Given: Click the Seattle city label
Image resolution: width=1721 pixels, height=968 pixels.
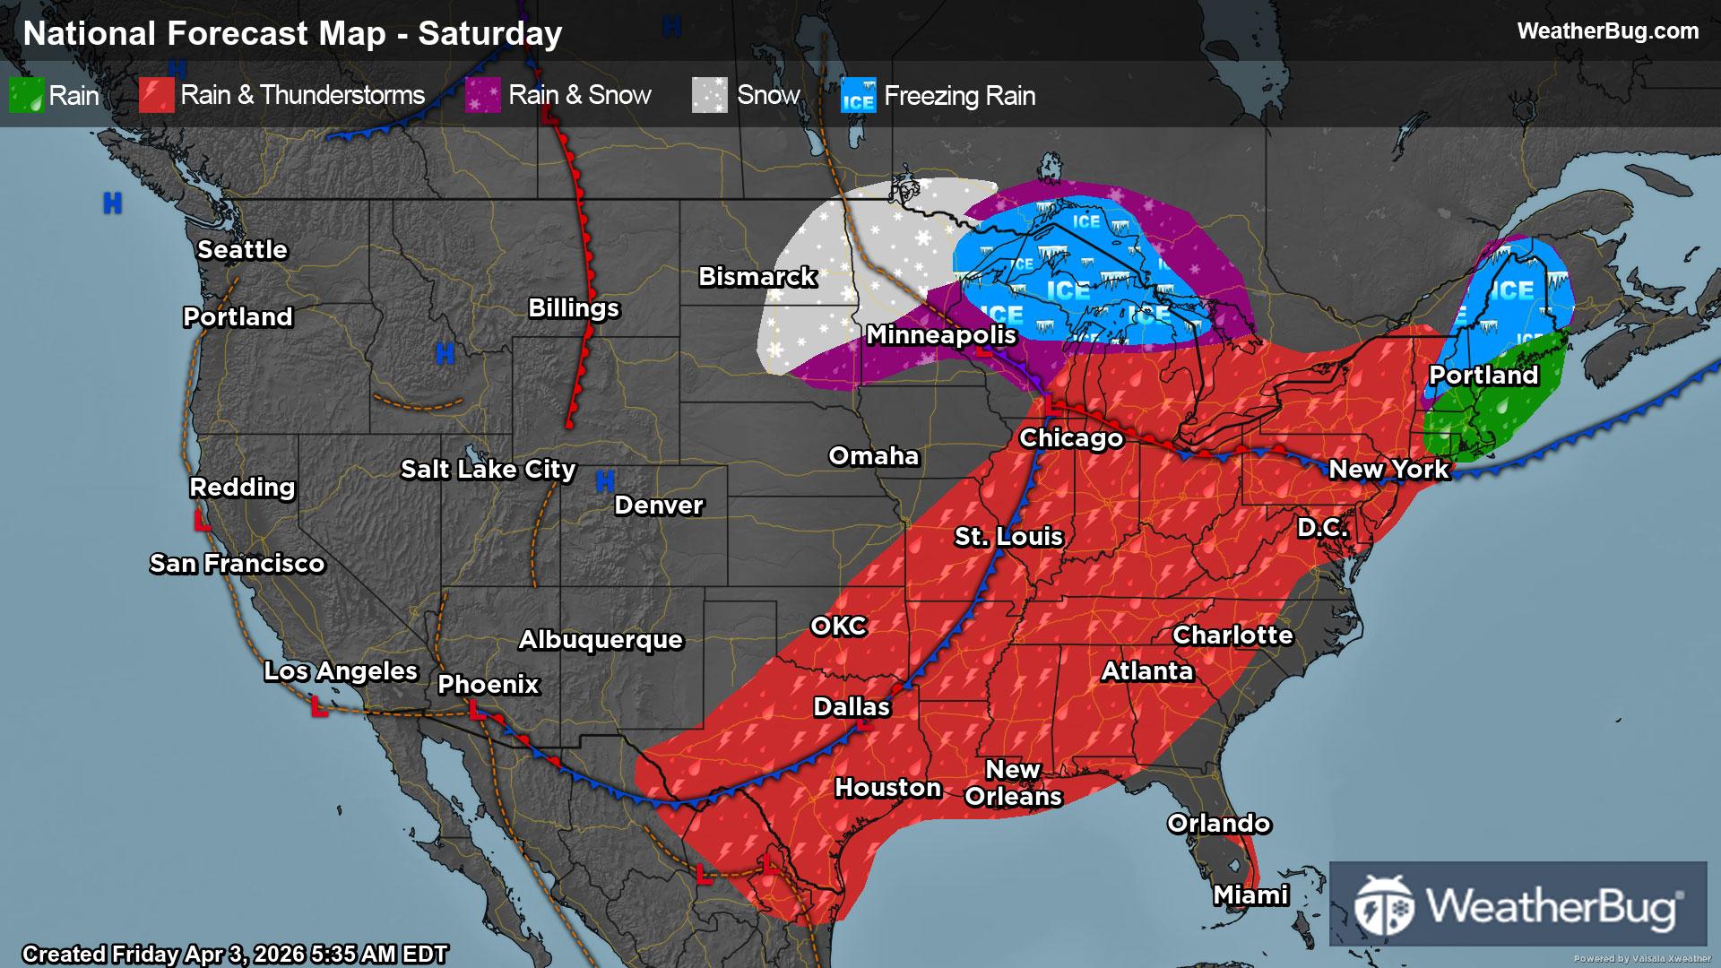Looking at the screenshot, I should tap(242, 250).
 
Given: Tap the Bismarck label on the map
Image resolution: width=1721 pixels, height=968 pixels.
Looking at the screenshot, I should tap(757, 277).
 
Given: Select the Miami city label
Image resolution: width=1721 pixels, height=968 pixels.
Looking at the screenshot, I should tap(1250, 895).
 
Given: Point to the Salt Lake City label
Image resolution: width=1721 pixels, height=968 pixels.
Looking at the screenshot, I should tap(488, 470).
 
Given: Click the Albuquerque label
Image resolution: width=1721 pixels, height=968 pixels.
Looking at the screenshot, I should tap(601, 640).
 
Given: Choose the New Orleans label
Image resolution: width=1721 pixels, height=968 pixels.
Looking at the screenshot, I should tap(1013, 783).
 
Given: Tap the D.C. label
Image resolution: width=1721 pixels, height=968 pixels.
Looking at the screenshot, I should tap(1322, 528).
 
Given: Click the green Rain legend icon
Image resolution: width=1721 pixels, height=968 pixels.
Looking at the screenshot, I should tap(26, 95).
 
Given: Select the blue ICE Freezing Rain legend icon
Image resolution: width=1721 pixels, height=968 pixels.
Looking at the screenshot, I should tap(858, 95).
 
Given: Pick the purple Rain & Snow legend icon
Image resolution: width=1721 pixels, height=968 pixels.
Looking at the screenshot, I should tap(483, 95).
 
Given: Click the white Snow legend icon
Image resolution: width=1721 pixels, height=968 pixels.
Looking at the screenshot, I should tap(709, 95).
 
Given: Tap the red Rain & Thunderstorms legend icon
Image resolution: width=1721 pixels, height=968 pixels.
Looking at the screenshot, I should tap(156, 95).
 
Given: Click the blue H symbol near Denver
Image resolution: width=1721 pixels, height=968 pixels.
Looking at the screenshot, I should tap(605, 482).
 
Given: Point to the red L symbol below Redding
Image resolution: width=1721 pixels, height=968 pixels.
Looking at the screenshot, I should tap(203, 521).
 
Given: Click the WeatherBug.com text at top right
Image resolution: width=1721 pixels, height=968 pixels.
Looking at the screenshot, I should tap(1607, 31).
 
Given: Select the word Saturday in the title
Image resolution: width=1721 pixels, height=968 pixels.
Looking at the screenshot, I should tap(489, 34).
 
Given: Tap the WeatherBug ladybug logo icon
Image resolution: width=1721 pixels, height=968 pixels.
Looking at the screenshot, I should tap(1384, 905).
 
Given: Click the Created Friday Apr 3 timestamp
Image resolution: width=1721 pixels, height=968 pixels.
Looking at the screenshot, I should tap(235, 955).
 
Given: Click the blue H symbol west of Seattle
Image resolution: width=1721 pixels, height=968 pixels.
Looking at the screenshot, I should tap(112, 203).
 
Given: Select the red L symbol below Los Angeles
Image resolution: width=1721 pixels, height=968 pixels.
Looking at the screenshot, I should tap(318, 707).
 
